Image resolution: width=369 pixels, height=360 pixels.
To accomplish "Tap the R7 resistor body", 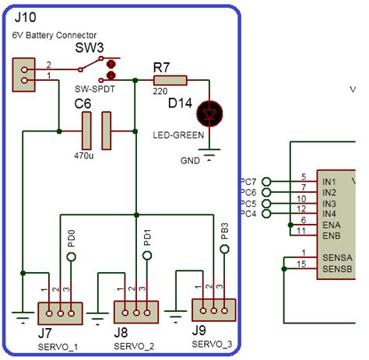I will (x=170, y=79).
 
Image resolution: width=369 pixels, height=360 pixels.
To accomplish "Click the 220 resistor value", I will (x=160, y=91).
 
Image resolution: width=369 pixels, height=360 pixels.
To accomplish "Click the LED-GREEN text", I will (x=178, y=135).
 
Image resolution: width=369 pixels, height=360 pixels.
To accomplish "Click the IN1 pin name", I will (x=329, y=180).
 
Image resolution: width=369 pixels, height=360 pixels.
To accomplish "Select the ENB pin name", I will (x=331, y=235).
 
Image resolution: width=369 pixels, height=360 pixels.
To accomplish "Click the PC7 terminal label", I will (x=248, y=181).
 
